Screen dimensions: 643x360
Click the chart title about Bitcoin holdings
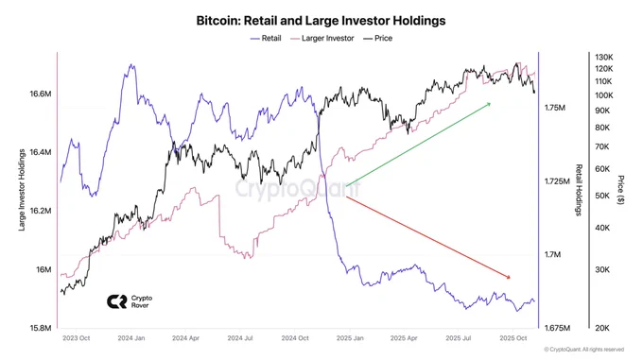(x=321, y=21)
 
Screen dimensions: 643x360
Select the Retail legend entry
(x=266, y=38)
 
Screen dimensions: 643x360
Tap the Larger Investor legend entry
(x=322, y=38)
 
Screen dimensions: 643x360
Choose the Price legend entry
(x=377, y=38)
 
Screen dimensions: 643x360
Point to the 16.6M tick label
(x=40, y=94)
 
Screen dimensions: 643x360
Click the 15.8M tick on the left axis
(x=40, y=328)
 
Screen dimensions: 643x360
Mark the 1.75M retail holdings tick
(x=555, y=108)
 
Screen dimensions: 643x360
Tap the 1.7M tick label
(x=552, y=255)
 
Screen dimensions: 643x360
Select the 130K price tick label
(x=603, y=57)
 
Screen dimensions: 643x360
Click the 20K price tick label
(x=602, y=328)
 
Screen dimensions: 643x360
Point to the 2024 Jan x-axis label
(x=131, y=338)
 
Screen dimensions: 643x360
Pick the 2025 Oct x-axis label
(x=513, y=338)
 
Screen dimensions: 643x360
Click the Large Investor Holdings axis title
(x=22, y=190)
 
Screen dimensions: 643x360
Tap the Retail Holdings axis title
(x=579, y=190)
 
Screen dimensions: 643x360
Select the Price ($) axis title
(x=621, y=190)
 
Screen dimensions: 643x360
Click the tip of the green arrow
(x=491, y=103)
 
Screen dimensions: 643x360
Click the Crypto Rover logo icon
(x=117, y=301)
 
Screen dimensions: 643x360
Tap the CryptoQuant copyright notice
(x=584, y=350)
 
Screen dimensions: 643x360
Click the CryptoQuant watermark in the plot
(x=298, y=189)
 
